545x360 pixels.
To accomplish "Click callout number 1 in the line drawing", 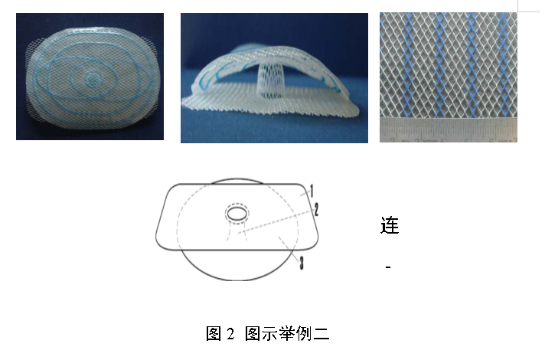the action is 312,191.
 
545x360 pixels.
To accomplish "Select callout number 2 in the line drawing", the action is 316,209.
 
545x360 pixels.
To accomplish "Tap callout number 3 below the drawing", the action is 302,263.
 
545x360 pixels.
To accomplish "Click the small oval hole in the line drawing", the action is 237,213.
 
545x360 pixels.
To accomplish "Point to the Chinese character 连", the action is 390,225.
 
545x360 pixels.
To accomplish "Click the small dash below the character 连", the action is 388,267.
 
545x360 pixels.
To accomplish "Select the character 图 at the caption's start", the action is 214,333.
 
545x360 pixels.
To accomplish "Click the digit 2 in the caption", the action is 231,334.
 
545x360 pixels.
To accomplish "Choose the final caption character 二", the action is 321,333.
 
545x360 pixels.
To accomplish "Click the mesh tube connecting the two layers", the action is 271,80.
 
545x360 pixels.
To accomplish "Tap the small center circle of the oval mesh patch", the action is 93,80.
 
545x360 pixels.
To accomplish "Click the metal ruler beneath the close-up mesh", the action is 449,130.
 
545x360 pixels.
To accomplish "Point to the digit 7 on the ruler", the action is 514,140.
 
